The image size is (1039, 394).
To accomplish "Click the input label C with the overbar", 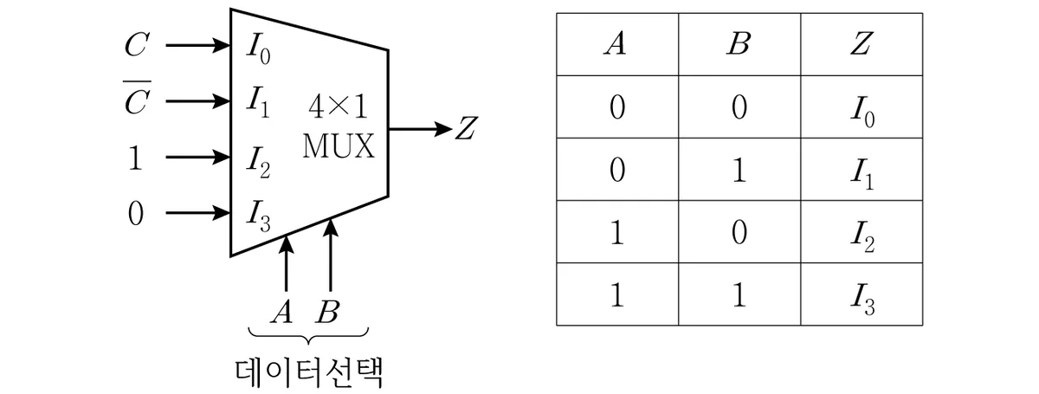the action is pos(137,98).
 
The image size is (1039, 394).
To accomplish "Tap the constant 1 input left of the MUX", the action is pos(135,158).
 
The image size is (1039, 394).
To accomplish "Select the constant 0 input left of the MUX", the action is pos(135,214).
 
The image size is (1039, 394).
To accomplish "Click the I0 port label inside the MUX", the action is pos(258,49).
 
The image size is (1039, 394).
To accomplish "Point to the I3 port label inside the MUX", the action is pos(258,216).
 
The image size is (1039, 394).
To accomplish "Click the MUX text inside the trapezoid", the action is pos(339,146).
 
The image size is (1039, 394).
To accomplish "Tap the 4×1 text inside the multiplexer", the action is pos(338,107).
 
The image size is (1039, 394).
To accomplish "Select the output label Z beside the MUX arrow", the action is pos(466,128).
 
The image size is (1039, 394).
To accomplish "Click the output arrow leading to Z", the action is pos(420,128).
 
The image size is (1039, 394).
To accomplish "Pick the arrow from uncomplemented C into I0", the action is pos(198,46).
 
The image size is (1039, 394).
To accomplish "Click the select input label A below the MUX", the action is pos(282,312).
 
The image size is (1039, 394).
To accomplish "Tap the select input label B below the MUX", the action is pos(328,312).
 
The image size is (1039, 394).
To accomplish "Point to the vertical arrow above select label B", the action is pos(330,255).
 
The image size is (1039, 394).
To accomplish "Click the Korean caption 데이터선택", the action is pos(308,372).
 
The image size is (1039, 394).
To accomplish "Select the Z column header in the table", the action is pos(862,44).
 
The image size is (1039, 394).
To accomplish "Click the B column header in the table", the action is pos(739,44).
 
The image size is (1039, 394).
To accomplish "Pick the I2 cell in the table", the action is pos(862,237).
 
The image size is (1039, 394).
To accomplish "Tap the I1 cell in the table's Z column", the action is pos(862,175).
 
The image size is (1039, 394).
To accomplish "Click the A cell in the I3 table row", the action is pos(616,295).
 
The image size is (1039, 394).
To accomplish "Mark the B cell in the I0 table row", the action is pos(739,107).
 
